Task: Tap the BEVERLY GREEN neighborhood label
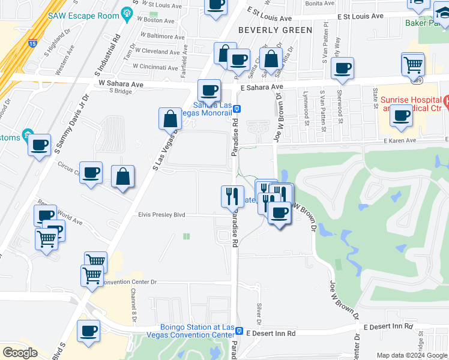tap(276, 30)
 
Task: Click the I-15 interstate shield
tap(32, 43)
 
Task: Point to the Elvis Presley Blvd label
tap(162, 214)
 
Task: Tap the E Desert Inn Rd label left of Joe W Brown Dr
tap(271, 333)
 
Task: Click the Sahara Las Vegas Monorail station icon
tap(238, 109)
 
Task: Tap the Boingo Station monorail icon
tap(239, 331)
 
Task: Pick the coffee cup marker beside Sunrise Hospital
tap(401, 115)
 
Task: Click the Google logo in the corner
tap(20, 353)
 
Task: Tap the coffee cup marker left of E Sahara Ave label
tap(209, 91)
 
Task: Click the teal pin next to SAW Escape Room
tap(127, 14)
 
